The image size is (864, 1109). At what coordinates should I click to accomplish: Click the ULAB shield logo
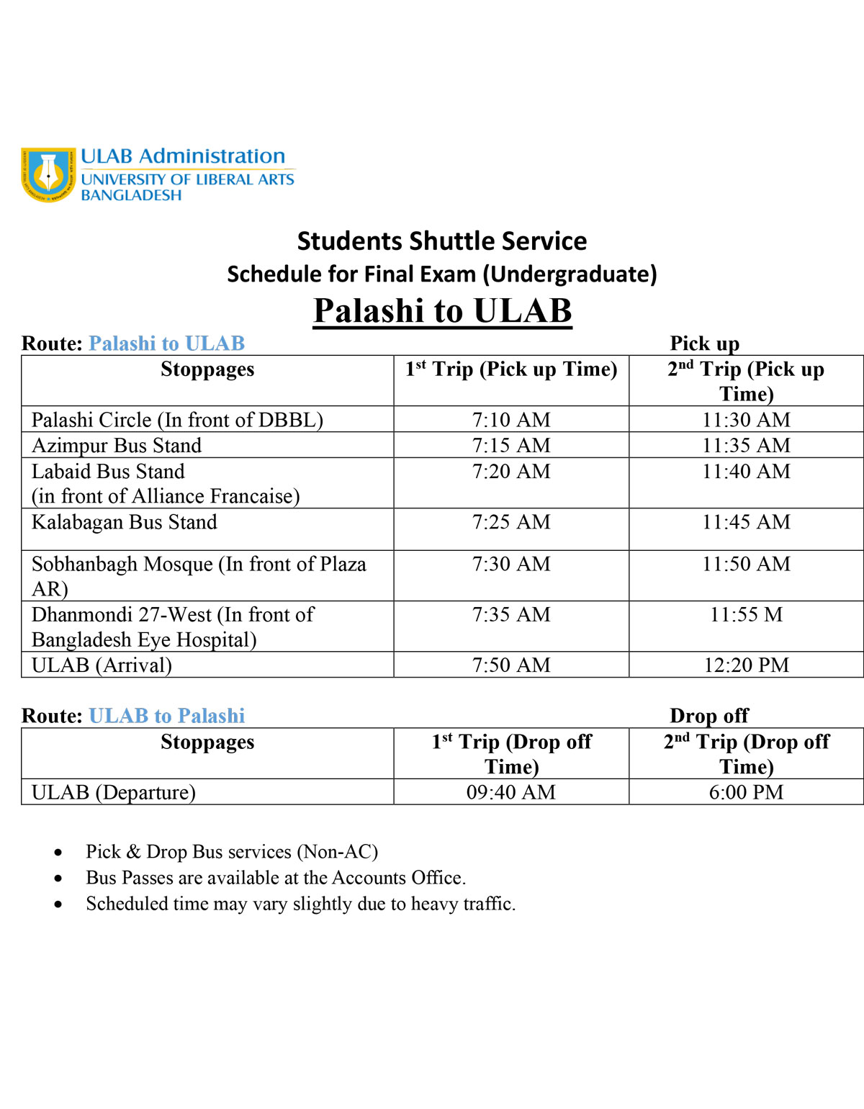tap(48, 174)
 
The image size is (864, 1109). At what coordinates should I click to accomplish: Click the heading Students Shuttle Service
tap(441, 241)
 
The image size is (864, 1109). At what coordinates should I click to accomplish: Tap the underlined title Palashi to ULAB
tap(442, 311)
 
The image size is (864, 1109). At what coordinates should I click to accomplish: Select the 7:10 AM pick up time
tap(511, 420)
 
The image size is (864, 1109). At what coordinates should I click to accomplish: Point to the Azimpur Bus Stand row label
tap(117, 446)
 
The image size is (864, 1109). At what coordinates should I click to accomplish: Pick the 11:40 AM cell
tap(746, 472)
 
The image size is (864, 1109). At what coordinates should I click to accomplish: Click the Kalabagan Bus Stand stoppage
tap(125, 522)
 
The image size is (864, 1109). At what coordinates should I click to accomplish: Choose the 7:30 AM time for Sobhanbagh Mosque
tap(511, 564)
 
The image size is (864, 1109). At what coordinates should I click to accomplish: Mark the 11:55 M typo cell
tap(746, 615)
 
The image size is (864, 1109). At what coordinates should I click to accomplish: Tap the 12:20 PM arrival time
tap(746, 665)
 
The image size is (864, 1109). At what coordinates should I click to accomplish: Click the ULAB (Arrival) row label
tap(102, 665)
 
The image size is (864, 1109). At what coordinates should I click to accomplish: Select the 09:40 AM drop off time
tap(511, 792)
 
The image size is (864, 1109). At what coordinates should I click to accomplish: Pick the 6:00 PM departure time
tap(746, 792)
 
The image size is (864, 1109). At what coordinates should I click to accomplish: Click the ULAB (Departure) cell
tap(114, 792)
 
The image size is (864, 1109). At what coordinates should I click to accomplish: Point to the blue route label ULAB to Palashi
tap(167, 716)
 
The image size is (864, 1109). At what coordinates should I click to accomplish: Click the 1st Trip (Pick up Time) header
tap(511, 369)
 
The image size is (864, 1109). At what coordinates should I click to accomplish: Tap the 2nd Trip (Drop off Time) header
tap(746, 753)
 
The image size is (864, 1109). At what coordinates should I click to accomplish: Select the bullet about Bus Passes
tap(276, 878)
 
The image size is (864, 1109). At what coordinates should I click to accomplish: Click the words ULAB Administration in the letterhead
tap(183, 156)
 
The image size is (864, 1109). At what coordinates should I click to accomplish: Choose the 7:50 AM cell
tap(511, 665)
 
